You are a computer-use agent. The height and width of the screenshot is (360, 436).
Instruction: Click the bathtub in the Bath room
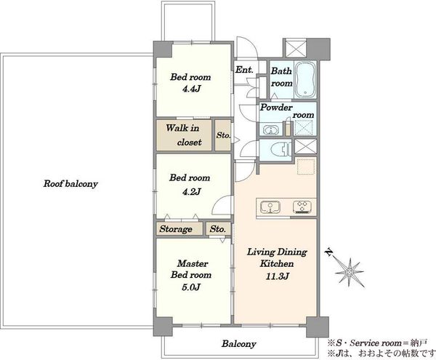305,79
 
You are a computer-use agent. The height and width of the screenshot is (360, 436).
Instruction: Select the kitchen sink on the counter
270,207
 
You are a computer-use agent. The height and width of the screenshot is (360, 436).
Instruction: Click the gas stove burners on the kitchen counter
302,207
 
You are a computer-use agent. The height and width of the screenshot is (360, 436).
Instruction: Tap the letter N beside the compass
329,252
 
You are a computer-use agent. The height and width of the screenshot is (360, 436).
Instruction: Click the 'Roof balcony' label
70,184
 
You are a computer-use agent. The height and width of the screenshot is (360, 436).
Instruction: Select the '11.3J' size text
278,276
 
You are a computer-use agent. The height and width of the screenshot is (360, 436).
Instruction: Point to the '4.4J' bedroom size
191,89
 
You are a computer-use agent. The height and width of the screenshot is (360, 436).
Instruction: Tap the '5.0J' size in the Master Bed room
191,287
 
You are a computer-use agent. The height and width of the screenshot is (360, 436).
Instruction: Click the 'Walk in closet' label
184,135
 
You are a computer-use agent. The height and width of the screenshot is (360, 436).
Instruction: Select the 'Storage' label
176,229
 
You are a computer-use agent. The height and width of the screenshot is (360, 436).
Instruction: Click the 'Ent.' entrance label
244,70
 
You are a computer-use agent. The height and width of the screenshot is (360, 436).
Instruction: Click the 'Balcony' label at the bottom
238,344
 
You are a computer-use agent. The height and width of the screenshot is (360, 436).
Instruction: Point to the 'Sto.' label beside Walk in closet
223,135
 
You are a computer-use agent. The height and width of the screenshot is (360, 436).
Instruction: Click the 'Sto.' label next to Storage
218,229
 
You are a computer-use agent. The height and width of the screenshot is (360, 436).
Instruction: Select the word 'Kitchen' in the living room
277,263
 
